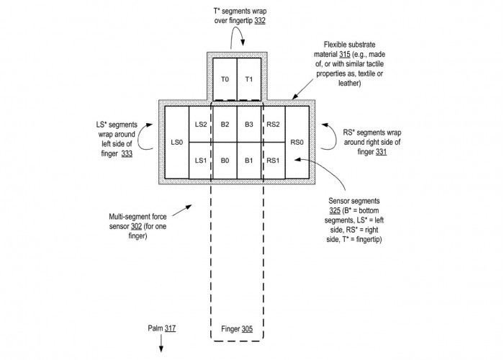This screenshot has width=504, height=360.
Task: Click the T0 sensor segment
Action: pyautogui.click(x=225, y=79)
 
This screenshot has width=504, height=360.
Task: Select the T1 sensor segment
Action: pyautogui.click(x=249, y=79)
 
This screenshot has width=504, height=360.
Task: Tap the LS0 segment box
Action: pyautogui.click(x=177, y=143)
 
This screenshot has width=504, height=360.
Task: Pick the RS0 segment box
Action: pyautogui.click(x=297, y=143)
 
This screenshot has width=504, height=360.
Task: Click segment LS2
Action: pyautogui.click(x=201, y=125)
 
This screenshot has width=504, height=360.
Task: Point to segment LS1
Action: pyautogui.click(x=201, y=161)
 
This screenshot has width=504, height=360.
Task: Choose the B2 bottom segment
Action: pyautogui.click(x=225, y=125)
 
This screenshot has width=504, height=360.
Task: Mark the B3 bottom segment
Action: pyautogui.click(x=249, y=125)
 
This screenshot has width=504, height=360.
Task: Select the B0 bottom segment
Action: pyautogui.click(x=225, y=161)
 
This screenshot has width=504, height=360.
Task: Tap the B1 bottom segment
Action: pyautogui.click(x=249, y=161)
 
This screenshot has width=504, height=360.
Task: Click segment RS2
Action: pyautogui.click(x=273, y=125)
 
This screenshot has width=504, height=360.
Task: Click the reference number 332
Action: pyautogui.click(x=260, y=21)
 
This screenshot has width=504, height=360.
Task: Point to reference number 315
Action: pyautogui.click(x=345, y=54)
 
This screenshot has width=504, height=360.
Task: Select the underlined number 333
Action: pyautogui.click(x=127, y=153)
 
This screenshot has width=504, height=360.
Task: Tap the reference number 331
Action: pyautogui.click(x=381, y=152)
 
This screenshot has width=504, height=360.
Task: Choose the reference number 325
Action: pyautogui.click(x=335, y=210)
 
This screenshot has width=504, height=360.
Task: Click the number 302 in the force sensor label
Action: pyautogui.click(x=136, y=226)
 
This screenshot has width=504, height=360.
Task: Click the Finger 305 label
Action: pyautogui.click(x=237, y=329)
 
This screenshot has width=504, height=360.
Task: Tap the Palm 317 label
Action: pyautogui.click(x=162, y=328)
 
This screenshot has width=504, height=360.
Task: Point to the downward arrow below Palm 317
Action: pyautogui.click(x=161, y=343)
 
